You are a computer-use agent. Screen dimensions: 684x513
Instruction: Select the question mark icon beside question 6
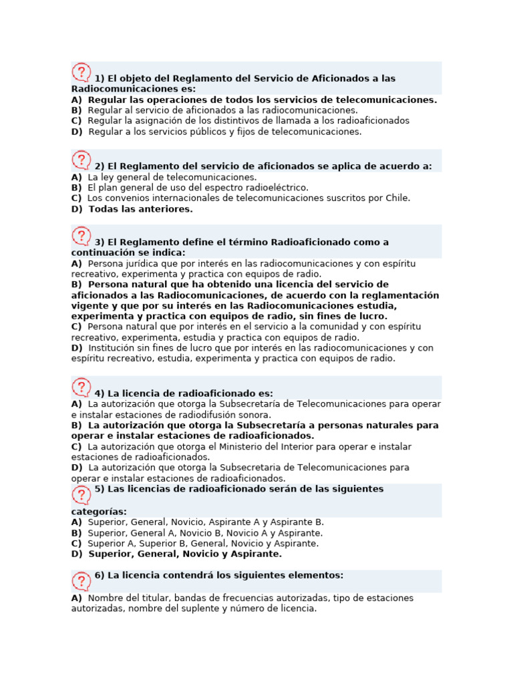coord(81,581)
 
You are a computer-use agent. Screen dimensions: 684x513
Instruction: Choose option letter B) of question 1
coord(76,110)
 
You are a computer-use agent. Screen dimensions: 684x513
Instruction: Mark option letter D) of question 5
coord(77,554)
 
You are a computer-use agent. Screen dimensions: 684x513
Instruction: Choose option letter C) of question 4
coord(76,446)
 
